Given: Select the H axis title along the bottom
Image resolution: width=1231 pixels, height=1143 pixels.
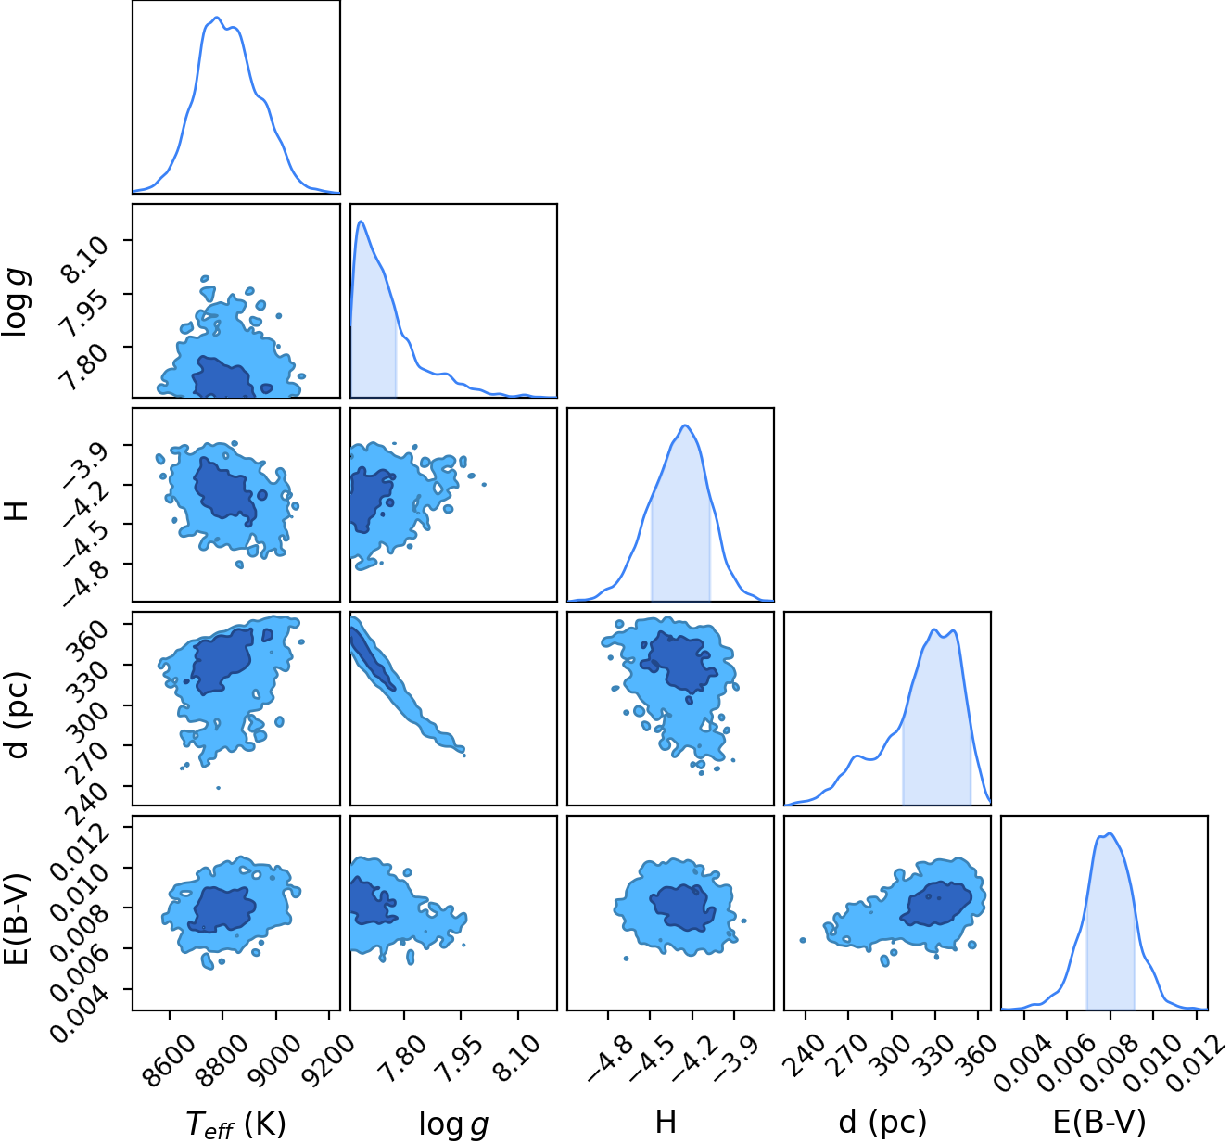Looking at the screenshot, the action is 666,1122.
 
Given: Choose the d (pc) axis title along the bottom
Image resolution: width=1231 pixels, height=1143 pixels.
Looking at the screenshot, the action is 882,1122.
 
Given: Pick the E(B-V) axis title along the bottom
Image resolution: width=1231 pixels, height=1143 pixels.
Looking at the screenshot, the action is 1099,1122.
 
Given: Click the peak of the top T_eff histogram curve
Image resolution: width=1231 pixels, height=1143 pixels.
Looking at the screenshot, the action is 216,18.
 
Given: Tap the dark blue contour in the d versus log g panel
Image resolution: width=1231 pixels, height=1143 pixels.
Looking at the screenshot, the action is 372,658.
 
